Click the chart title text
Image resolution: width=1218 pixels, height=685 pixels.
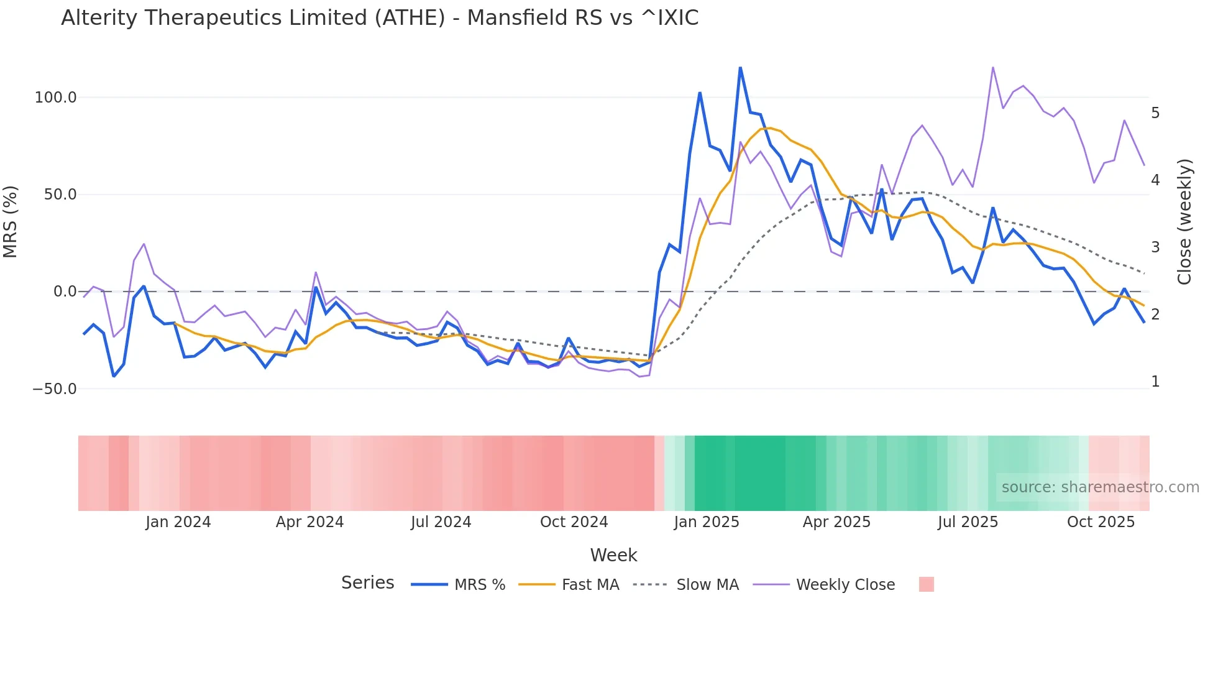(x=380, y=18)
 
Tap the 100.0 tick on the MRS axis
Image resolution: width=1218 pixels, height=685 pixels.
(x=55, y=98)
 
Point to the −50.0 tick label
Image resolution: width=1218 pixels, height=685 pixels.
(x=54, y=389)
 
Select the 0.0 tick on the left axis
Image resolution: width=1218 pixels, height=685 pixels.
(x=65, y=292)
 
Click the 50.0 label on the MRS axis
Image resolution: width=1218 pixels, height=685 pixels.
(x=60, y=195)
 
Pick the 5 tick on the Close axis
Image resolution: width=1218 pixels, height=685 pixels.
(x=1155, y=113)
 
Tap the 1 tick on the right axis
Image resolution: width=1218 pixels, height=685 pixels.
(x=1155, y=382)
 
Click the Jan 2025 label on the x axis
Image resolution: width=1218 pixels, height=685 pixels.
(x=707, y=522)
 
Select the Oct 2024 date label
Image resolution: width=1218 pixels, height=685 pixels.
(x=574, y=522)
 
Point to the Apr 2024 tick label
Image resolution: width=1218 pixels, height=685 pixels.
(x=309, y=522)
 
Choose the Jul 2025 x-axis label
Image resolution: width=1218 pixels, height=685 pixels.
(x=968, y=522)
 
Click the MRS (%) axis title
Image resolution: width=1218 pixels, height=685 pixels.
(x=11, y=221)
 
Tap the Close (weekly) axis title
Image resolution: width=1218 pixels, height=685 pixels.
(x=1184, y=221)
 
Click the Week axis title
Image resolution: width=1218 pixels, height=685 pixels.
(x=613, y=555)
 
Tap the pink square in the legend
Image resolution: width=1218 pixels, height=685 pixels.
(x=926, y=584)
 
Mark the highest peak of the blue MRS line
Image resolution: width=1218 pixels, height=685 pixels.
(x=740, y=68)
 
